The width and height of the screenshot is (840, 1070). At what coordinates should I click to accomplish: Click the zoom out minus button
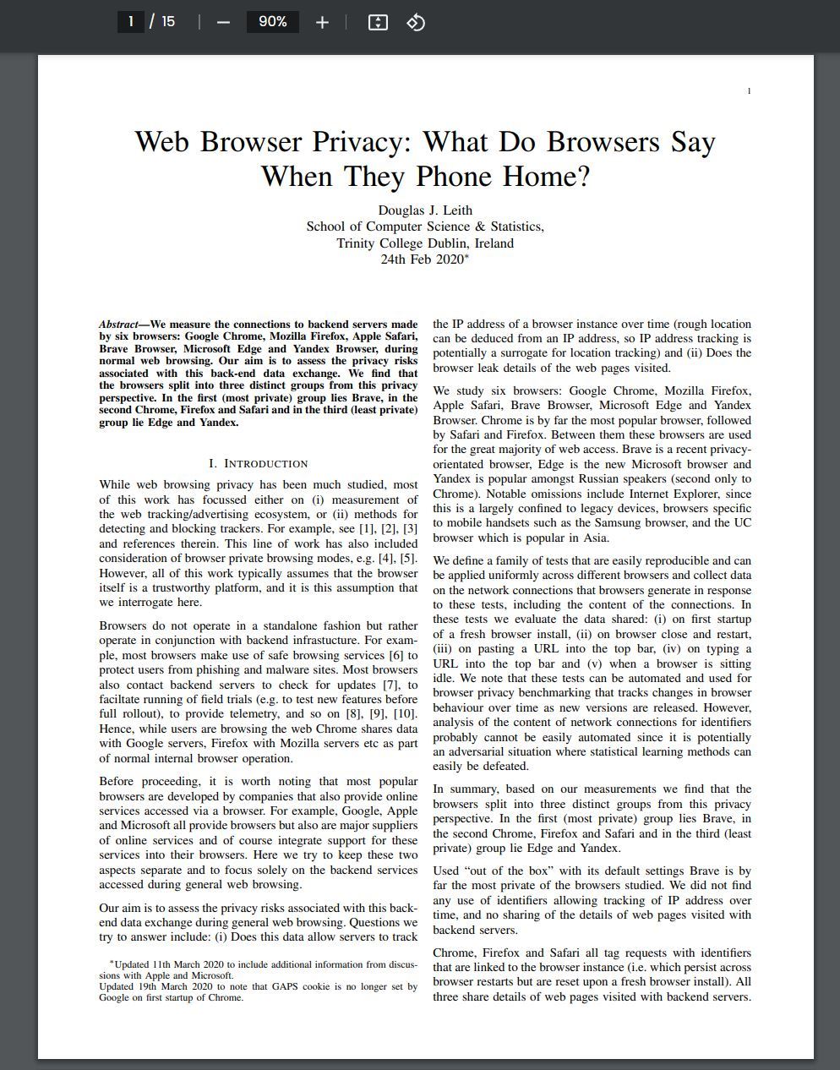[x=223, y=22]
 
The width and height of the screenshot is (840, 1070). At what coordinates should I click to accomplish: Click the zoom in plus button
[x=322, y=22]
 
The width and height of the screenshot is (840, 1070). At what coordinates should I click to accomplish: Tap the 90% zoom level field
[x=272, y=22]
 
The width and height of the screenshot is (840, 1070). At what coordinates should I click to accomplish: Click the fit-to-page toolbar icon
[x=378, y=22]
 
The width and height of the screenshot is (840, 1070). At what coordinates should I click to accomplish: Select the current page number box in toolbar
[x=131, y=21]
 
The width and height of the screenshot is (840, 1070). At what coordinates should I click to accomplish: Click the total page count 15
[x=168, y=21]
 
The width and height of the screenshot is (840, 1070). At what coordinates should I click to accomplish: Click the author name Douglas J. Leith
[x=425, y=210]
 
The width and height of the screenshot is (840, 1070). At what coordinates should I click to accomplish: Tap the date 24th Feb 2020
[x=422, y=259]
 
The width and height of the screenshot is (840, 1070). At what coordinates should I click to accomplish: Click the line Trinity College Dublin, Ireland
[x=425, y=243]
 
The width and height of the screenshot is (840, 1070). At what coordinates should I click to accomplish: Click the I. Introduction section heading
[x=258, y=463]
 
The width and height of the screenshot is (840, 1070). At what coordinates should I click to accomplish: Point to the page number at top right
[x=749, y=90]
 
